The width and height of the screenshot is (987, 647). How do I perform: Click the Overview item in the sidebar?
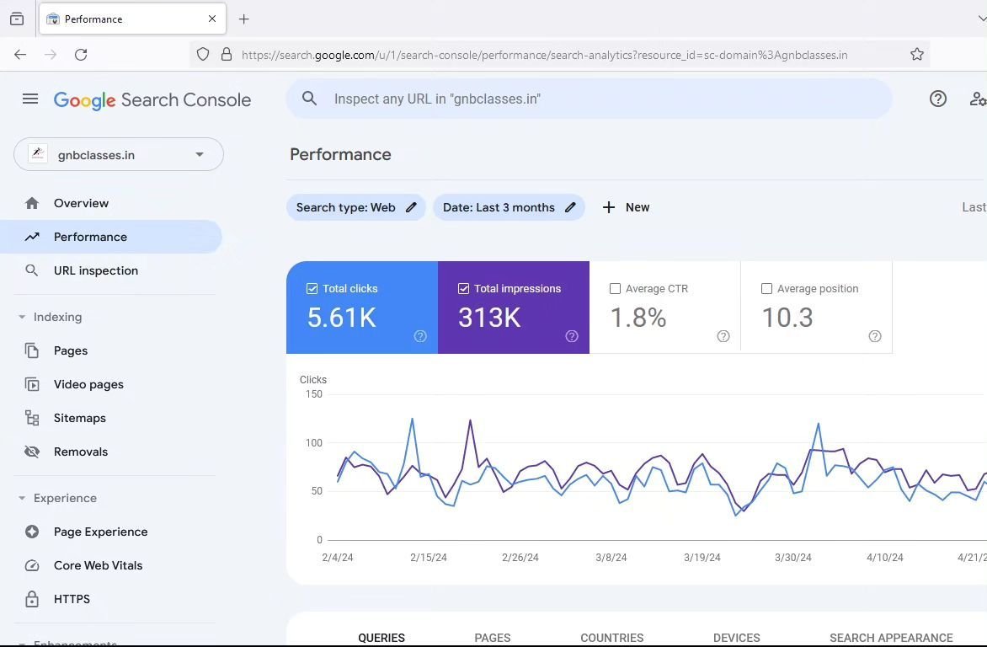pos(81,203)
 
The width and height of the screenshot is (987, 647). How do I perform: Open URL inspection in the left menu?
pos(95,270)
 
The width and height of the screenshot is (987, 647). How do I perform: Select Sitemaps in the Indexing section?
pos(79,418)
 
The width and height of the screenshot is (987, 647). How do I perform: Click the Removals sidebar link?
pos(80,452)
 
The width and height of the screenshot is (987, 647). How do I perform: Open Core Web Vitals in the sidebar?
pos(98,565)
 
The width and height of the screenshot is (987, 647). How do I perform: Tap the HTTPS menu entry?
pos(72,599)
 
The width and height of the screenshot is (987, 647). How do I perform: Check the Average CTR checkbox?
pos(615,288)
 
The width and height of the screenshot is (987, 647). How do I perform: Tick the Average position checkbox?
pos(766,288)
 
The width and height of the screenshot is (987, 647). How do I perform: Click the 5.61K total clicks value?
pos(341,318)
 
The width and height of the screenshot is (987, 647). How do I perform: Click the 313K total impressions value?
pos(489,318)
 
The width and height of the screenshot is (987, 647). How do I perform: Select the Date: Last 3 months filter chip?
pos(499,207)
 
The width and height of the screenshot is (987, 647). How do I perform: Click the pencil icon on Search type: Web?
pos(411,207)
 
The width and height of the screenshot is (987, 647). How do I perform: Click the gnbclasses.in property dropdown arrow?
pos(200,155)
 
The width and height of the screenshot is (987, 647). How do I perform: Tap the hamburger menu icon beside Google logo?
pos(30,99)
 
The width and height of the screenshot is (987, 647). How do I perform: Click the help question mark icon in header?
pos(938,99)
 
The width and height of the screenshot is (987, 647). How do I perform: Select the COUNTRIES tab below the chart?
pos(611,638)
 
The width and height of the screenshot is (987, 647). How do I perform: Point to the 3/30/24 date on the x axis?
pos(792,557)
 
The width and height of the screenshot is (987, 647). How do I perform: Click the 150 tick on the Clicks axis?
pos(313,393)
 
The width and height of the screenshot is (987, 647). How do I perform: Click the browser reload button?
pos(81,55)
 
